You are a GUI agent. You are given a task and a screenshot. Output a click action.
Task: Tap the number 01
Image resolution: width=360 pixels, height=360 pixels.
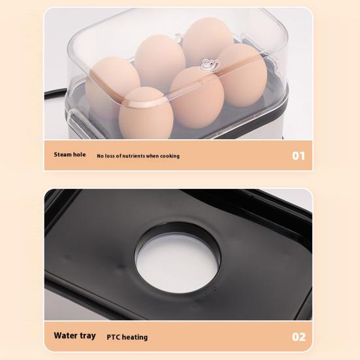click(x=298, y=155)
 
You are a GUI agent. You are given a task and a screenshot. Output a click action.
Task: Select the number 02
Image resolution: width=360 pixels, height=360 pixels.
click(x=298, y=337)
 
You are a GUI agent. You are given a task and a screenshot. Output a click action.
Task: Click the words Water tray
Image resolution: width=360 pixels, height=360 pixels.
click(x=74, y=336)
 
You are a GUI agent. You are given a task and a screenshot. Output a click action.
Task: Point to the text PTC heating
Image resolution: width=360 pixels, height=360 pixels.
click(x=127, y=337)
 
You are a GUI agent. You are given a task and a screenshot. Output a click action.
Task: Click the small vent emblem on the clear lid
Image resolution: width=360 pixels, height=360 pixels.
click(x=210, y=63)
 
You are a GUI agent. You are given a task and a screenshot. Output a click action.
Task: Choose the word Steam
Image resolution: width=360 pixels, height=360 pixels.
click(x=64, y=155)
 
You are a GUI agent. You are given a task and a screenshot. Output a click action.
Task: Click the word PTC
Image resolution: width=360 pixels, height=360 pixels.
click(x=113, y=337)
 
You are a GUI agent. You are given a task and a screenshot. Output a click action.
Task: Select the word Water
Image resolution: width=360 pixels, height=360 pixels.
click(x=66, y=336)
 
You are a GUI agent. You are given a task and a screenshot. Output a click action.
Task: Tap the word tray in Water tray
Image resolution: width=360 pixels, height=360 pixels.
click(x=88, y=336)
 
